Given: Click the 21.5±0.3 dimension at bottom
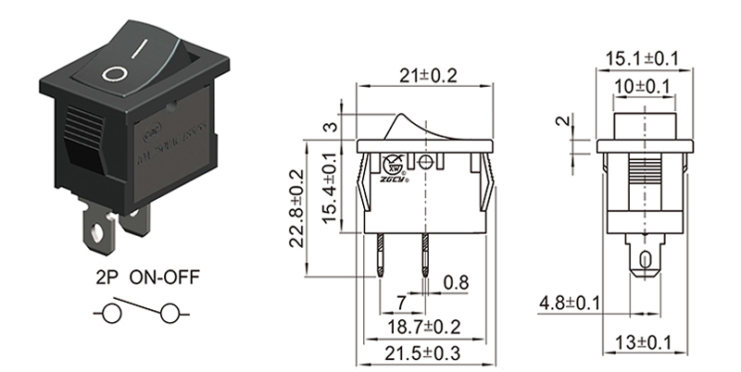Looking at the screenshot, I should (422, 353).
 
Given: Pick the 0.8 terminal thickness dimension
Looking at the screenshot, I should (455, 281).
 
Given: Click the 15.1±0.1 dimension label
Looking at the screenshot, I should (643, 59).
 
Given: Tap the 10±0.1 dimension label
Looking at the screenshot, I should (644, 86).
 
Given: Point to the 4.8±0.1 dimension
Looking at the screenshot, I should (570, 304).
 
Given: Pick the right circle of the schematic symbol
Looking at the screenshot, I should (170, 316).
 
